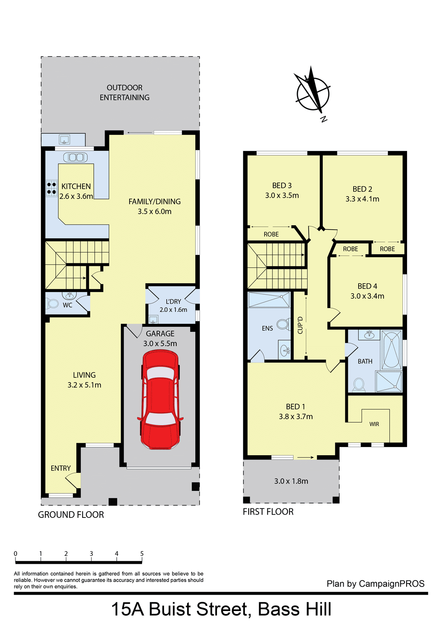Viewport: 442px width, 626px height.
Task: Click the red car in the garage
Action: click(x=160, y=399)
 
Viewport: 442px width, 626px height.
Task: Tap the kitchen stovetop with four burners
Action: click(x=52, y=188)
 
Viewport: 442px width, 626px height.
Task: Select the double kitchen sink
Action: click(x=75, y=157)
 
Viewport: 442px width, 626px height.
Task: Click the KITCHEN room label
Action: click(x=76, y=187)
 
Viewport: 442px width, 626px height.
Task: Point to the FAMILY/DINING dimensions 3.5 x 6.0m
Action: click(x=155, y=212)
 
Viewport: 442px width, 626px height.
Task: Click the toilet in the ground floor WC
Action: click(x=52, y=303)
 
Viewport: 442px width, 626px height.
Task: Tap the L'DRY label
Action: click(x=173, y=302)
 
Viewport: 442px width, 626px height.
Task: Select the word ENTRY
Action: click(x=60, y=468)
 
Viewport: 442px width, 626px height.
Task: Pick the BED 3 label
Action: click(x=282, y=186)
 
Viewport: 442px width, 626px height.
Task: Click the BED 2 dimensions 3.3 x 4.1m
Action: click(x=362, y=199)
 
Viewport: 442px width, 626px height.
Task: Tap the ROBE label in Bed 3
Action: click(x=271, y=234)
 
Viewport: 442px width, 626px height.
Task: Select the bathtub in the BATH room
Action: click(x=392, y=350)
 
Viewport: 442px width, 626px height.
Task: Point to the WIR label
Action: click(x=374, y=424)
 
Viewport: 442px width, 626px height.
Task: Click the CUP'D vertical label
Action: click(x=300, y=325)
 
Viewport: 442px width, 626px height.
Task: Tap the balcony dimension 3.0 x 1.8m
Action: click(x=291, y=481)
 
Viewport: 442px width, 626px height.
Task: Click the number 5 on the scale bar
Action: click(x=142, y=554)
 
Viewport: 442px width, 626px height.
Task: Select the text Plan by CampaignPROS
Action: click(x=376, y=583)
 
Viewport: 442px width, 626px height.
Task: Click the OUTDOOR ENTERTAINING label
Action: click(x=125, y=93)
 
